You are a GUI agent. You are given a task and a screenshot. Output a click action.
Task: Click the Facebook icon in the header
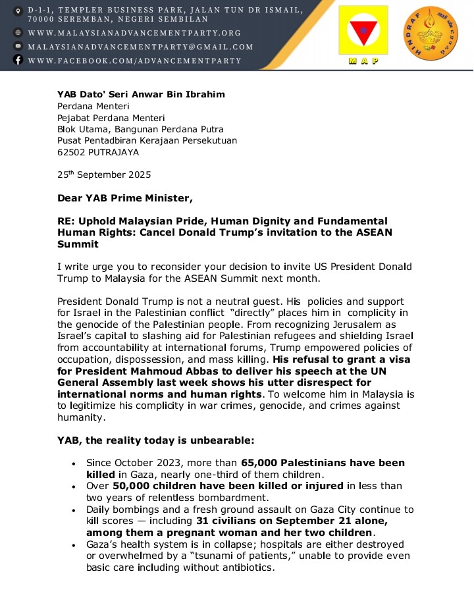tap(18, 61)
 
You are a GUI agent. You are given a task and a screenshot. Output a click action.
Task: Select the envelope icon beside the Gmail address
tap(18, 47)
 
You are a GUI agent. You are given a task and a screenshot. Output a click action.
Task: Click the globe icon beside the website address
tap(18, 33)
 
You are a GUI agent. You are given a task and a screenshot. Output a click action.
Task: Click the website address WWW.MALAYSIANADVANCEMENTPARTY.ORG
tap(134, 33)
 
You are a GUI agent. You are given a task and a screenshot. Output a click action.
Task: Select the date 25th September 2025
tap(104, 175)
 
